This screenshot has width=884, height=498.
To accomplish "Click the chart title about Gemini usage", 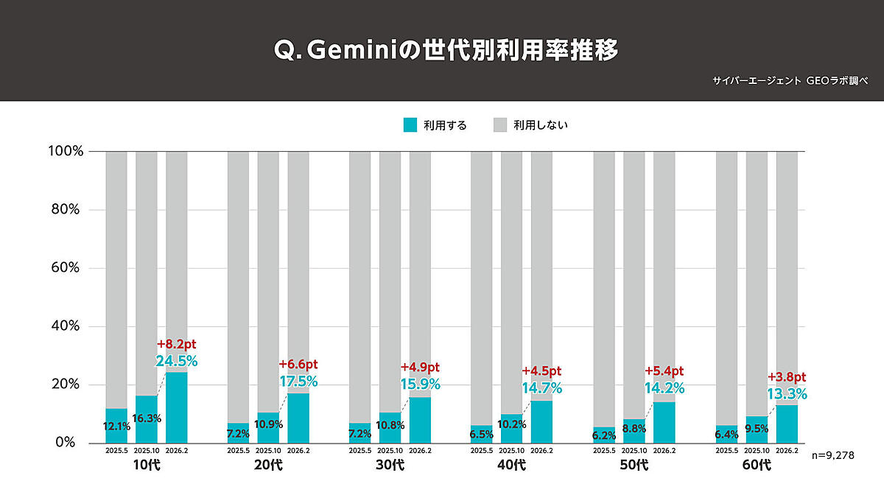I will coord(445,50).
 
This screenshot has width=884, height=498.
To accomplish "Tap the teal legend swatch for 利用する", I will coord(410,124).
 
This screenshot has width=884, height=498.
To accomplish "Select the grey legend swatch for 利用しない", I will coord(500,124).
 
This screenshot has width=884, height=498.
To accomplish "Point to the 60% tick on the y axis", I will coord(64,268).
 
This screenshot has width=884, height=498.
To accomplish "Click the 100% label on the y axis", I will coord(64,151).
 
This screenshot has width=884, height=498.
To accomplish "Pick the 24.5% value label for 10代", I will coord(176,361).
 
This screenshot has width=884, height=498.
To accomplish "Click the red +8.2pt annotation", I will coord(177,344).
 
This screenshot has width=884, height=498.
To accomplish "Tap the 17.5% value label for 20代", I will coord(298,382).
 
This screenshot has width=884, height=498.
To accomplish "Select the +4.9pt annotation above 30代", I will coord(420,367).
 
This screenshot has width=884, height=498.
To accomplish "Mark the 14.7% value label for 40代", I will coord(541,387).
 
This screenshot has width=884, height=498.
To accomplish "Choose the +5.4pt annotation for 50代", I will coord(664,371).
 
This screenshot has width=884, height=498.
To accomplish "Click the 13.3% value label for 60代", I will coord(787,393).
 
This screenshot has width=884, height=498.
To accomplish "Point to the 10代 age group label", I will coord(147,465).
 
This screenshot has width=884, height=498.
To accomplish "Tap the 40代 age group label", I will coord(511,465).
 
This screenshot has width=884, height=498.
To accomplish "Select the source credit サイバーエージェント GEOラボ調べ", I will coord(790,80).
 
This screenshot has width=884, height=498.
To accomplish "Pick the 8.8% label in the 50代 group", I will coord(634,428).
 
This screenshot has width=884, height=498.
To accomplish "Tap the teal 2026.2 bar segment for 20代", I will coord(298,420).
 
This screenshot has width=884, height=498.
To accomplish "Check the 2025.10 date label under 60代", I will coord(757,450).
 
